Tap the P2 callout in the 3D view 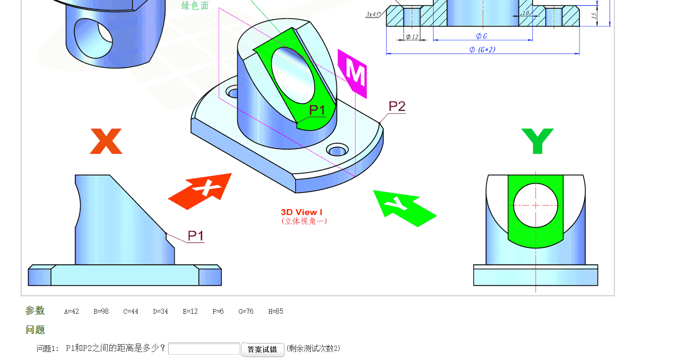point(397,106)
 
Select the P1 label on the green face point(317,110)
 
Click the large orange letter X point(106,141)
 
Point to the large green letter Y point(537,141)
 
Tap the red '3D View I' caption point(301,212)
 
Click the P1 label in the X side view point(196,236)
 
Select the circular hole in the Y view point(535,205)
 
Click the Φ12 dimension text point(412,37)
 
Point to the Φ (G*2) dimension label point(482,49)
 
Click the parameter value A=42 point(72,312)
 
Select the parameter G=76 point(246,312)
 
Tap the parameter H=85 point(275,312)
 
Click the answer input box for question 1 point(204,349)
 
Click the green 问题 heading point(35,330)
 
